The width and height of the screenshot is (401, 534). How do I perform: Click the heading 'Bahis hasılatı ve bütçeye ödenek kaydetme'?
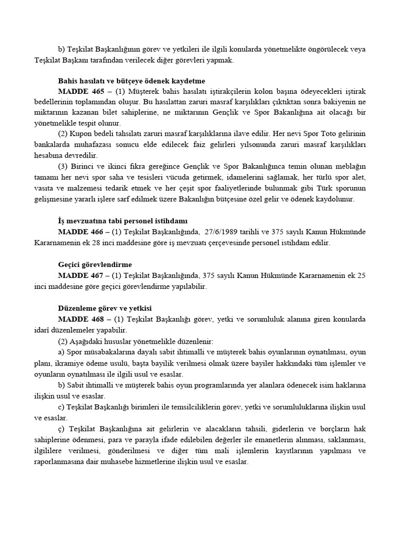pyautogui.click(x=132, y=81)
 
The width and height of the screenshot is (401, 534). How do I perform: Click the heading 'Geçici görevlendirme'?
pyautogui.click(x=95, y=265)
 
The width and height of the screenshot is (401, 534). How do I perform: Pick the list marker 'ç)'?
pyautogui.click(x=62, y=429)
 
